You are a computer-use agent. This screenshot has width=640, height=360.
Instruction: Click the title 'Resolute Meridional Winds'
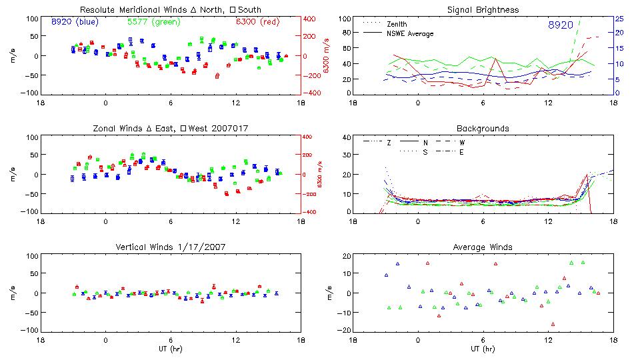(132, 10)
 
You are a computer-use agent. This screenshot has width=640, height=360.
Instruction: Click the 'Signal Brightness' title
(483, 10)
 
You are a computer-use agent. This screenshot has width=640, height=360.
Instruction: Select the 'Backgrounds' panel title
(483, 128)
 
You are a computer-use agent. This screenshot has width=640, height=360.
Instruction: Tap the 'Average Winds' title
(483, 247)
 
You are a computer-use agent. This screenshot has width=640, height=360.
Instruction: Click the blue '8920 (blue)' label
(75, 22)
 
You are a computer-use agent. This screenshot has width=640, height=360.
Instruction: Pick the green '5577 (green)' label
(153, 22)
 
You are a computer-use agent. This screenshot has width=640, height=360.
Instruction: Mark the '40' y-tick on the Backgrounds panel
(346, 138)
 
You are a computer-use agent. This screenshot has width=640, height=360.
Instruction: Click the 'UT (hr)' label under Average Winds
(483, 349)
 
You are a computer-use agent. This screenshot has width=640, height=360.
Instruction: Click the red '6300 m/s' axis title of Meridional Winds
(327, 56)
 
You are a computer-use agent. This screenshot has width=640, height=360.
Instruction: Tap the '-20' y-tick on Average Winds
(345, 331)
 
